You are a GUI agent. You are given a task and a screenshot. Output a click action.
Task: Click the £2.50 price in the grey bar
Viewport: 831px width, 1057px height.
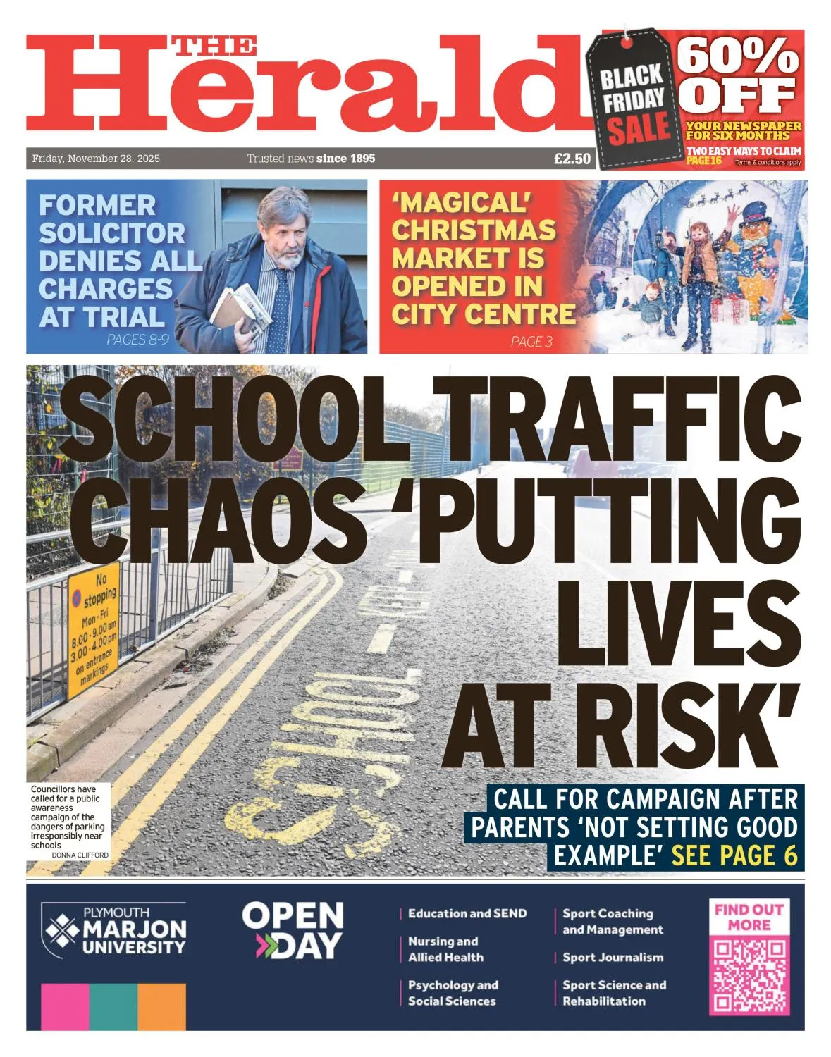pos(572,159)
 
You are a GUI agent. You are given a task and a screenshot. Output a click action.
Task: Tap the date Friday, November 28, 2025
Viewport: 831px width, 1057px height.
pos(96,159)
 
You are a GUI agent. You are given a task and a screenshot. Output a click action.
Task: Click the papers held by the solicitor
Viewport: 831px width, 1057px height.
pos(241,307)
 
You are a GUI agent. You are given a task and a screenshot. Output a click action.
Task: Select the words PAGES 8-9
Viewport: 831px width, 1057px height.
pos(137,340)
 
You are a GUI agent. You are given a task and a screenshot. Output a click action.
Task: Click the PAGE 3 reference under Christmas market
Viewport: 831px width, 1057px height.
pos(531,342)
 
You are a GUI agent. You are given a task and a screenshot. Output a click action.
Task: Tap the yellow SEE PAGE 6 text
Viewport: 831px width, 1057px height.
pos(734,855)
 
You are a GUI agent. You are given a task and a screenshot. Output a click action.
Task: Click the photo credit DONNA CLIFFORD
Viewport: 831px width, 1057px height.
pos(80,855)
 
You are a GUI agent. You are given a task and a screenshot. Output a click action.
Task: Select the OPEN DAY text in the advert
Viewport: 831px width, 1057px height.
pos(293,930)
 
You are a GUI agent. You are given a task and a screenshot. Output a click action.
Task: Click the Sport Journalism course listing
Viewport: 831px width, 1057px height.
pos(613,957)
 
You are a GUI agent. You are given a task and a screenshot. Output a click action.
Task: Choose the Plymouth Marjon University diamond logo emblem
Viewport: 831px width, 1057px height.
pos(62,930)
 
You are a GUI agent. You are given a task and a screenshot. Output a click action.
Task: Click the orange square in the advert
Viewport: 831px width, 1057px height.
pos(161,1006)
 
